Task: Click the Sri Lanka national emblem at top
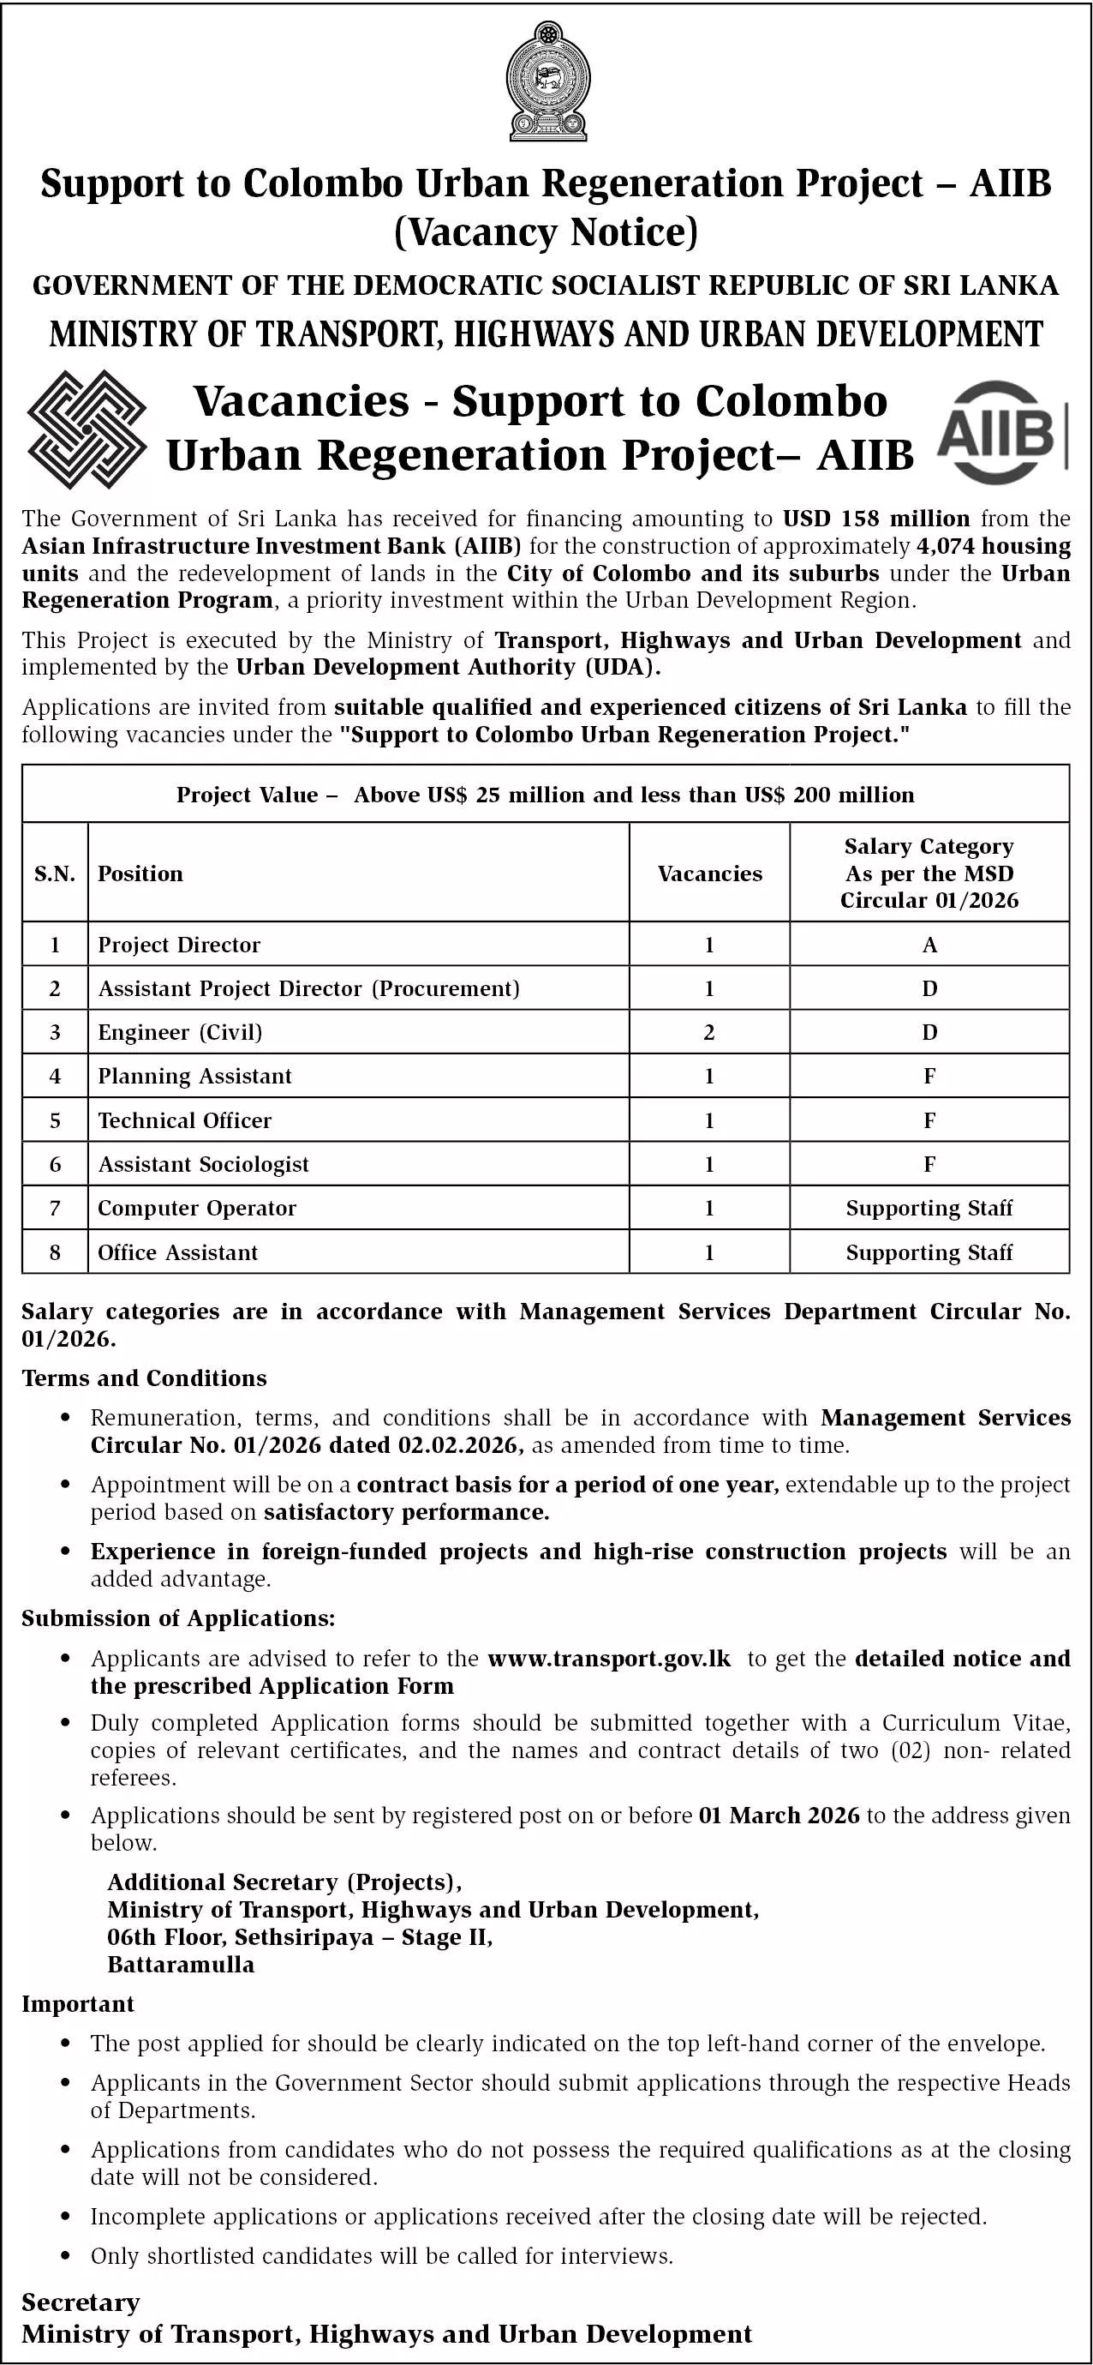(x=548, y=82)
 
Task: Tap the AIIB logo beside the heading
(x=1000, y=431)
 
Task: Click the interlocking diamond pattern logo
(x=87, y=429)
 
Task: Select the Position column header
(x=140, y=873)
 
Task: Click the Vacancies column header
(x=709, y=873)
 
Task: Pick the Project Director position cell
(x=179, y=945)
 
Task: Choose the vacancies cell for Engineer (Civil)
(x=709, y=1032)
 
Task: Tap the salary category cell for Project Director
(x=929, y=945)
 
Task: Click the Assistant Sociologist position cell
(x=203, y=1164)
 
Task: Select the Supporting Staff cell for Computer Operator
(x=929, y=1208)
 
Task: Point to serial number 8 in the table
(x=55, y=1252)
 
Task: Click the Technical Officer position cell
(x=184, y=1120)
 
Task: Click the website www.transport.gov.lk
(x=609, y=1658)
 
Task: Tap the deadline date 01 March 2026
(x=779, y=1815)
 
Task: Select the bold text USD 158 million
(x=875, y=519)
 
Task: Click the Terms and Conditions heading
(x=144, y=1378)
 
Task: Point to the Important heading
(x=78, y=2004)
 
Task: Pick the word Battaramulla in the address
(x=181, y=1965)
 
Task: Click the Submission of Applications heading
(x=178, y=1618)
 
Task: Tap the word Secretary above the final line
(x=81, y=2302)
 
